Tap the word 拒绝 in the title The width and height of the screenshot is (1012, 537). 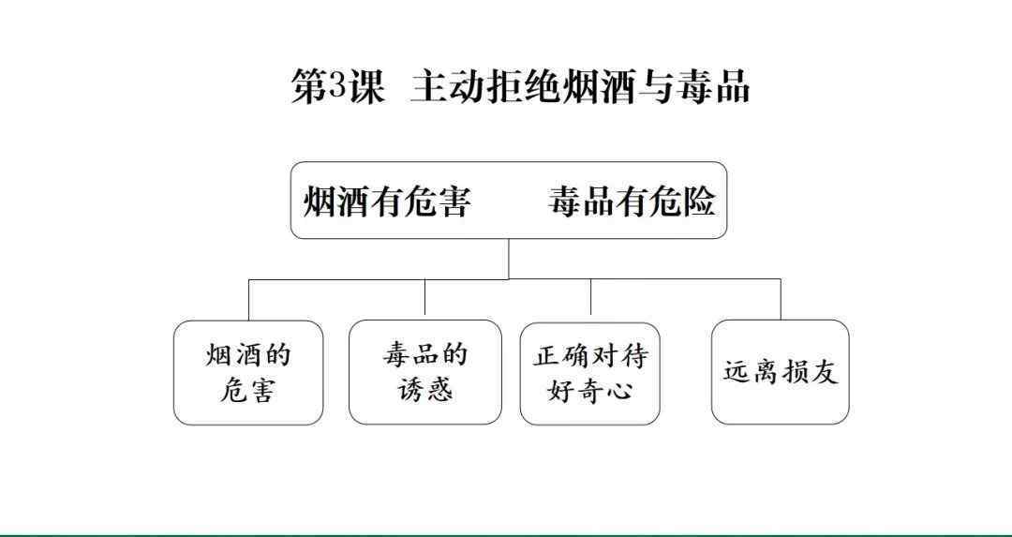tap(525, 86)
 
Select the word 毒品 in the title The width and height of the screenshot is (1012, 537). tap(713, 86)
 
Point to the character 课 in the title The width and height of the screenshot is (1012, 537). tap(366, 86)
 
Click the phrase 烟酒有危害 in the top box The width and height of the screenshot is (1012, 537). tap(387, 201)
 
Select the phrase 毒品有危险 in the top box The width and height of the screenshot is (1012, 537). tap(632, 201)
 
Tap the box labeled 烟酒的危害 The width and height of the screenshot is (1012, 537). tap(248, 372)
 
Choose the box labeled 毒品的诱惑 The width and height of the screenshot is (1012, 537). tap(424, 372)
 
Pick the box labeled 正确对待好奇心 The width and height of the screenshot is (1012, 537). tap(590, 373)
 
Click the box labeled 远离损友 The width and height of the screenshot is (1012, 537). tap(780, 372)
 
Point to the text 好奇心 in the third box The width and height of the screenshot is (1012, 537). tap(590, 391)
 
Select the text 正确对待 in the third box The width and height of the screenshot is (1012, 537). tap(590, 355)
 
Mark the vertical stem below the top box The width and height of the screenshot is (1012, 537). tap(509, 259)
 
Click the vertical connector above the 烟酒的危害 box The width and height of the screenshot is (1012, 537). tap(249, 299)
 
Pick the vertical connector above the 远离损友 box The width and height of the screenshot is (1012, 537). tap(781, 299)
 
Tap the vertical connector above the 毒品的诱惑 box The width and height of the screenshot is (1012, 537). tap(424, 299)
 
